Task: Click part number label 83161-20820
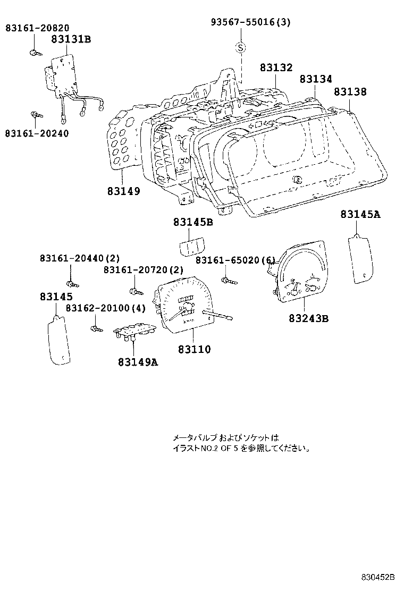tap(37, 28)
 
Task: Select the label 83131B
tap(71, 39)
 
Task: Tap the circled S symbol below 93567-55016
tap(241, 48)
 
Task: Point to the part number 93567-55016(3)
tap(250, 22)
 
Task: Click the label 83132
tap(276, 68)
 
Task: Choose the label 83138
tap(350, 92)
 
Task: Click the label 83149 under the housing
tap(123, 191)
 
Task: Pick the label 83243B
tap(308, 318)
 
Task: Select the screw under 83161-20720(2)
tap(135, 291)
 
